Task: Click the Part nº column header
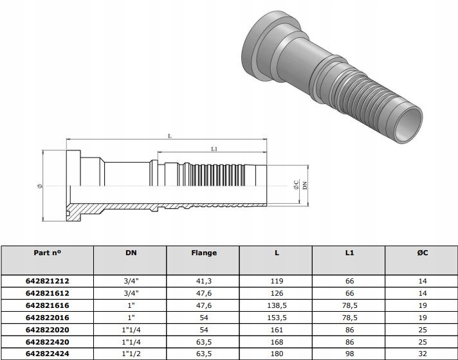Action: click(x=47, y=253)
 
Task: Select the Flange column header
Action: click(x=203, y=253)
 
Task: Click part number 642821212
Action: click(x=47, y=281)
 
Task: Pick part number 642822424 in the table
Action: click(x=47, y=354)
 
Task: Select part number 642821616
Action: click(x=47, y=305)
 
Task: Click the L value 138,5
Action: click(x=276, y=305)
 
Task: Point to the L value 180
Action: click(x=276, y=354)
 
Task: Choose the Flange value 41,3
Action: click(x=203, y=281)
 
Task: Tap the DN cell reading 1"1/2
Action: click(x=131, y=354)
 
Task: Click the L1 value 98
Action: click(x=349, y=354)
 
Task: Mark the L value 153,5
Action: click(x=276, y=318)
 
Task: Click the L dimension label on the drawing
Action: click(x=169, y=136)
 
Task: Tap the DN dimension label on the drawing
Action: click(x=305, y=185)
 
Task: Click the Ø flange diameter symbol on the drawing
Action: click(x=40, y=186)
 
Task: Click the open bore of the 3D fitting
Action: click(x=408, y=124)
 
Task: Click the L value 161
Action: click(x=276, y=330)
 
